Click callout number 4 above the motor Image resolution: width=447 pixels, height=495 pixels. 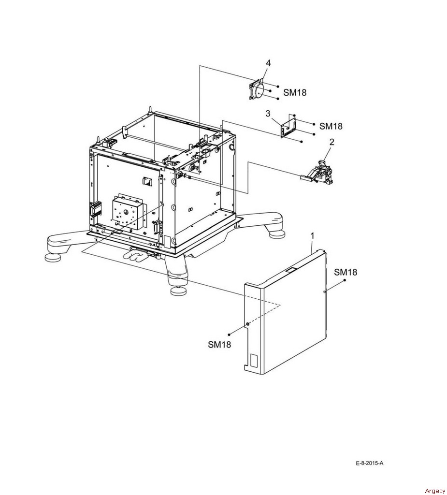(x=268, y=63)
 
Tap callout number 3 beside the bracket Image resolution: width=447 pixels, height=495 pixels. (x=268, y=114)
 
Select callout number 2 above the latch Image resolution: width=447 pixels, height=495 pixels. (x=332, y=142)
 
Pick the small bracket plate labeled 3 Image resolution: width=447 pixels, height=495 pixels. (x=288, y=126)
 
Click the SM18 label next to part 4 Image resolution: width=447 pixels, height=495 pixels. (x=295, y=92)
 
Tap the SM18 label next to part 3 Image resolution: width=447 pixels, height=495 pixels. (x=331, y=126)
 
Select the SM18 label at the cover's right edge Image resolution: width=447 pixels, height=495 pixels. (x=346, y=272)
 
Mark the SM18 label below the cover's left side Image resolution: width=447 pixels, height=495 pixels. (x=219, y=344)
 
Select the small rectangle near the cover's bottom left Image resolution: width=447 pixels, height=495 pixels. (x=254, y=360)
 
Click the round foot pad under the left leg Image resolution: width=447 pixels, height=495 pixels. (x=54, y=258)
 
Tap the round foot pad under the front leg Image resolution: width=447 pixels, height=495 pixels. (x=179, y=291)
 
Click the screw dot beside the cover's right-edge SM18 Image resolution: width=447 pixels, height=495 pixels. (x=345, y=280)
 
